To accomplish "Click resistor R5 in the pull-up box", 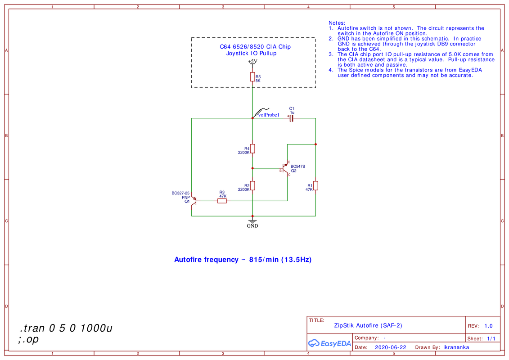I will click(x=252, y=77).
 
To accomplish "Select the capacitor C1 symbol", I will click(x=291, y=118).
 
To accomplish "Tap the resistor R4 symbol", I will click(x=252, y=148).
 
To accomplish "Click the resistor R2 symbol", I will click(x=252, y=185).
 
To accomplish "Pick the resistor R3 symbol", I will click(x=222, y=201).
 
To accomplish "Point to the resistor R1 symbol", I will click(x=315, y=185).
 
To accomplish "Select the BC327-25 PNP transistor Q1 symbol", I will click(x=194, y=201).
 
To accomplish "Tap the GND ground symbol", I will click(x=252, y=221).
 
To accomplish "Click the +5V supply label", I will click(x=252, y=62).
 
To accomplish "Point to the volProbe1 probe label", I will click(x=269, y=115).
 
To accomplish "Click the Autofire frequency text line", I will click(x=243, y=260).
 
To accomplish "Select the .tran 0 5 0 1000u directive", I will click(x=66, y=328).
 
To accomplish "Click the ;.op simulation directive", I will click(x=28, y=339).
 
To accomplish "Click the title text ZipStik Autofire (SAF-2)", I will click(x=368, y=325).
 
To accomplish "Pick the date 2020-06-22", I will click(x=391, y=347).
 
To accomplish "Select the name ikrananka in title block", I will click(x=456, y=347).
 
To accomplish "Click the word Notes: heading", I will click(x=337, y=23).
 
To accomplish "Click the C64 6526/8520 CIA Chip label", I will click(x=255, y=47).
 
